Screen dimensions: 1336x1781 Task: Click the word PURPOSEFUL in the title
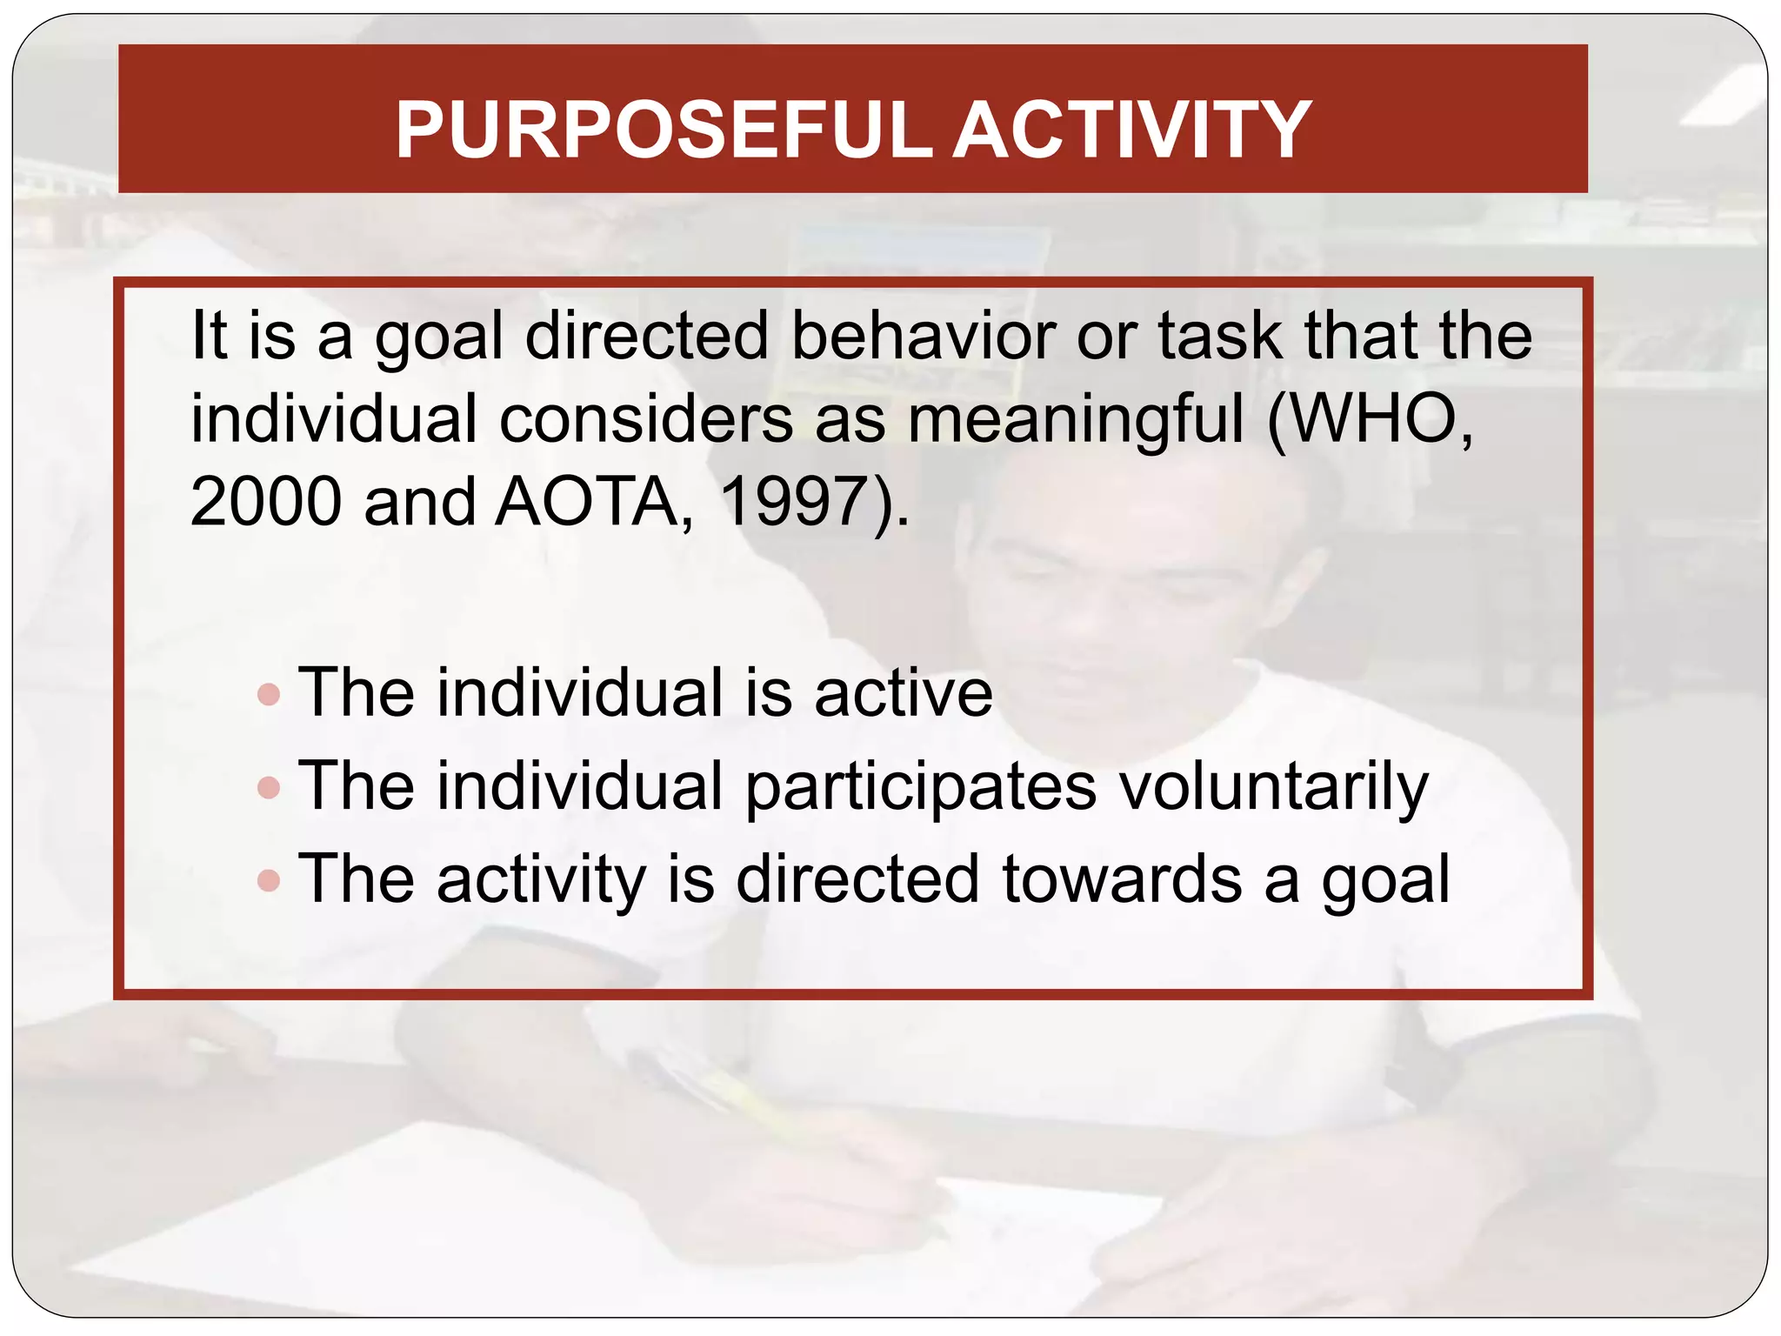664,130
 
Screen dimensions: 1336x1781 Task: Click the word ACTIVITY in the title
1131,130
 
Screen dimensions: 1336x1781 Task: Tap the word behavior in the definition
923,336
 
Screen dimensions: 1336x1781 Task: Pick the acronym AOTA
586,502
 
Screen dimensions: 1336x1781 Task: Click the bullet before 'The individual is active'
270,694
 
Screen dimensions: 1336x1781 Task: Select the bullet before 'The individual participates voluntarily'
270,787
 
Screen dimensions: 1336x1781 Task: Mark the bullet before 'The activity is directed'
270,880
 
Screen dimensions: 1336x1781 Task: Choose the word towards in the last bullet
1121,880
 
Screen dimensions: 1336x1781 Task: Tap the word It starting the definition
209,336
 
